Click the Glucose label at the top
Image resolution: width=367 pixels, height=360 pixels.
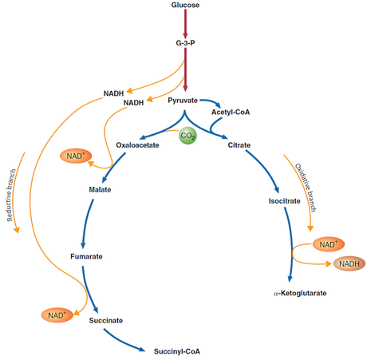point(185,6)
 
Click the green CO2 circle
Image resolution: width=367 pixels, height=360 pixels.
point(188,136)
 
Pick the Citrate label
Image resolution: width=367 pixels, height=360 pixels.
point(239,145)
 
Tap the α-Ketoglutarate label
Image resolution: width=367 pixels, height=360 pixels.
point(299,294)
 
